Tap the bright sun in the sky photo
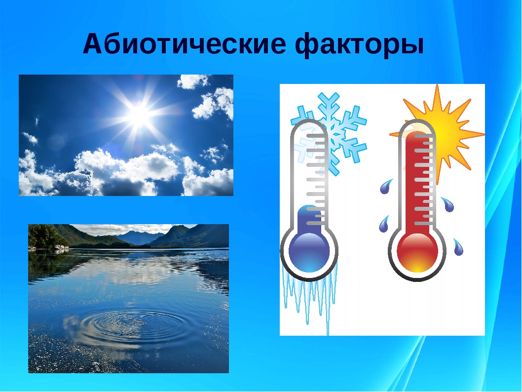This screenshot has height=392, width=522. pos(140,115)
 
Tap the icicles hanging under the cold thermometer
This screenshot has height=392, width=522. pos(308,296)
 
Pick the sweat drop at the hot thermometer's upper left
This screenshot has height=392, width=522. pos(386,187)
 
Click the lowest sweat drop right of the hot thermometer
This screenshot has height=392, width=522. pos(458,246)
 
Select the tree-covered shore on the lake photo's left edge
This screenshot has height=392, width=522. pos(47,237)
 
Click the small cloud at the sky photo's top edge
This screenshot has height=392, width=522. pos(192,81)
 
